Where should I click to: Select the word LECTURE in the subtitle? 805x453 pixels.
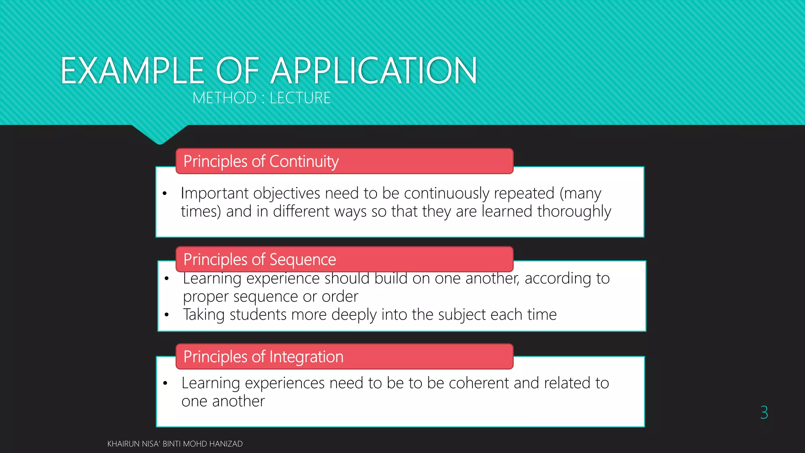tap(300, 98)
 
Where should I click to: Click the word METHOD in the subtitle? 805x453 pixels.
tap(224, 98)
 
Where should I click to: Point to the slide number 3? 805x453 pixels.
tap(764, 412)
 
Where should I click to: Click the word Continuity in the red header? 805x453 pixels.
tap(304, 162)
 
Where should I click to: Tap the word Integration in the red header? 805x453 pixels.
tap(306, 357)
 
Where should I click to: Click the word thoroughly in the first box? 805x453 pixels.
tap(574, 212)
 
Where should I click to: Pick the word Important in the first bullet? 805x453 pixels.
tap(215, 193)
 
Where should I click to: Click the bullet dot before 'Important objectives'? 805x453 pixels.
tap(165, 193)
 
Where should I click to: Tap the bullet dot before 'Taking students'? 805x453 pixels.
tap(167, 315)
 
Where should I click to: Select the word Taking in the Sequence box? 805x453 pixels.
tap(204, 315)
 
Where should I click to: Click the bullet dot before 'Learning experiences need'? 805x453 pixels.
tap(165, 383)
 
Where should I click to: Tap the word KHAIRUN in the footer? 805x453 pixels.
tap(123, 444)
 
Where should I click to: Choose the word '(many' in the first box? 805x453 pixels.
tap(580, 193)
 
